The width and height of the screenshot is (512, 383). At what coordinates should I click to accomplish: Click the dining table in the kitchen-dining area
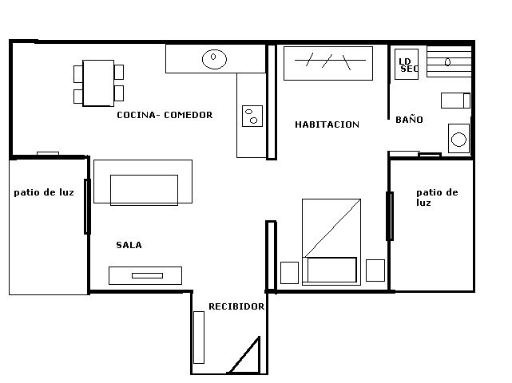(x=98, y=83)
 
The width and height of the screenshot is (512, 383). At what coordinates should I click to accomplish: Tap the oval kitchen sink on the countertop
(x=214, y=57)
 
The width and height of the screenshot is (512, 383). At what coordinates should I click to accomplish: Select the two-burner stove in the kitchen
(x=252, y=116)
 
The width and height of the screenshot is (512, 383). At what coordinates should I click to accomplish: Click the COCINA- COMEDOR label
(x=165, y=115)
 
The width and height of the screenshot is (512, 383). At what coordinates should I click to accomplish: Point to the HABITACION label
(x=327, y=124)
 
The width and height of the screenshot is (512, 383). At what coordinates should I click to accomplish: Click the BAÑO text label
(x=409, y=120)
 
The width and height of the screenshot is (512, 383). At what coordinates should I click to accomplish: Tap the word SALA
(x=129, y=246)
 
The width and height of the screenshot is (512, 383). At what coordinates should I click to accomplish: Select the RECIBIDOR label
(x=236, y=306)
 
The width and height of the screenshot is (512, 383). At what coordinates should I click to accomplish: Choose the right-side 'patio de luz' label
(x=436, y=197)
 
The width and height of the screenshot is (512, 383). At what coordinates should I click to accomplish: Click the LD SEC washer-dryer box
(x=407, y=65)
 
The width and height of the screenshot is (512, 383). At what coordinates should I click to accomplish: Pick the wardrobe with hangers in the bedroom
(x=328, y=62)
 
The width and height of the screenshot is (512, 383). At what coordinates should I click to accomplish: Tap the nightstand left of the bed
(x=289, y=271)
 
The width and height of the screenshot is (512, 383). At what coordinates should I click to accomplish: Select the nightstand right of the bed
(x=375, y=270)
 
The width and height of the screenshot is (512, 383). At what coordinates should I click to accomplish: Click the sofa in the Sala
(x=143, y=183)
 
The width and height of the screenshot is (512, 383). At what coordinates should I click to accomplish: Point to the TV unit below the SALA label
(x=145, y=275)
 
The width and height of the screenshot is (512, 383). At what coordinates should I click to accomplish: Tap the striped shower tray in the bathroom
(x=450, y=61)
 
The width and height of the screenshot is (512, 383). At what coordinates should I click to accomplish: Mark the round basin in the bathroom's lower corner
(x=458, y=140)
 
